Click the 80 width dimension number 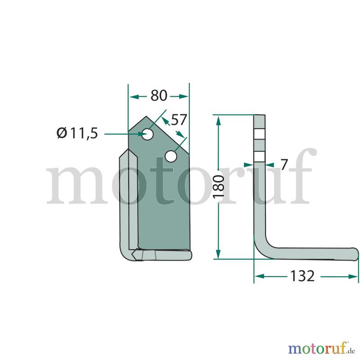159,96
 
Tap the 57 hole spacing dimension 179,120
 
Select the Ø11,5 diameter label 77,133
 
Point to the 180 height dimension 219,186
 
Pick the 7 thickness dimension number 284,165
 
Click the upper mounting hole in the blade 148,134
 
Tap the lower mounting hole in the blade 171,156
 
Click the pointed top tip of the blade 146,116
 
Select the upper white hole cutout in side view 260,134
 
